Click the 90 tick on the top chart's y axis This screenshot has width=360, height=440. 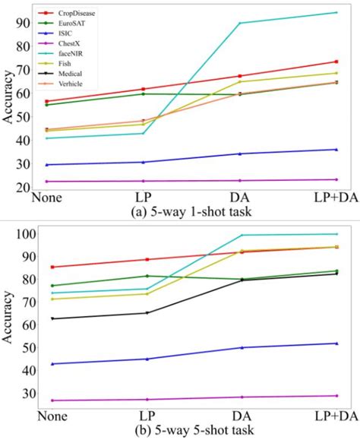[x=25, y=23]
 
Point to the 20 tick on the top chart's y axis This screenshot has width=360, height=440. [x=25, y=188]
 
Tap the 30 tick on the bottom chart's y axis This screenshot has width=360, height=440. [x=25, y=394]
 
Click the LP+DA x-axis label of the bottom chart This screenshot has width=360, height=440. [x=335, y=417]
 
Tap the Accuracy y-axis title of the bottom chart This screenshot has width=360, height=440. [x=10, y=319]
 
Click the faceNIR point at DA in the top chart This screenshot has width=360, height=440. [x=240, y=23]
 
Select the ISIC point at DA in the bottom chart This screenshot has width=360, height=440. [x=240, y=347]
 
